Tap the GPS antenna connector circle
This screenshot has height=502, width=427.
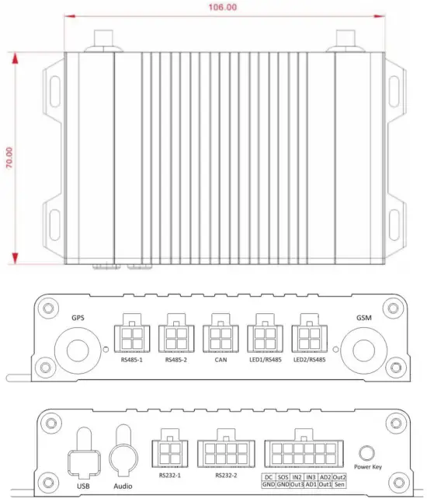pos(78,347)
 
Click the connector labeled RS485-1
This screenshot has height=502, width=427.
pos(131,338)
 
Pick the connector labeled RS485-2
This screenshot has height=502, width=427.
pos(176,338)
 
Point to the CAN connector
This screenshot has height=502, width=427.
pos(220,338)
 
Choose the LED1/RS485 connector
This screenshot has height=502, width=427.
pos(266,338)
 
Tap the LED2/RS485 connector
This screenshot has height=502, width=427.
pos(310,338)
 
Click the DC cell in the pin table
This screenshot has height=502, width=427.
pos(268,476)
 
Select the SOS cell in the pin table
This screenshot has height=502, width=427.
pos(283,476)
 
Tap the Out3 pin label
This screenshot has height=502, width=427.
pos(297,484)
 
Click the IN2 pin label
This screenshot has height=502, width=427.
pos(297,476)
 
